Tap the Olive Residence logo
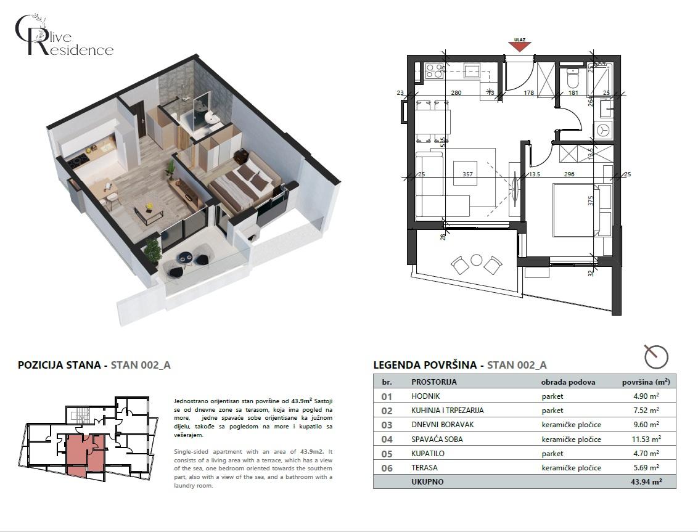pyautogui.click(x=64, y=37)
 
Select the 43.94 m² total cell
pyautogui.click(x=646, y=482)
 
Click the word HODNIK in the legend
pyautogui.click(x=426, y=396)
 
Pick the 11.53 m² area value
pyautogui.click(x=646, y=439)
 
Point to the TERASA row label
pyautogui.click(x=424, y=468)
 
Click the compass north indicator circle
pyautogui.click(x=656, y=356)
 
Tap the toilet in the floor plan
pyautogui.click(x=572, y=78)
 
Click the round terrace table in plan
pyautogui.click(x=476, y=260)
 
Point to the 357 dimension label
pyautogui.click(x=467, y=174)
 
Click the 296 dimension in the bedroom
pyautogui.click(x=569, y=174)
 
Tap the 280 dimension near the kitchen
pyautogui.click(x=456, y=93)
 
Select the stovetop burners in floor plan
pyautogui.click(x=434, y=71)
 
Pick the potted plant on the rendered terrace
pyautogui.click(x=152, y=250)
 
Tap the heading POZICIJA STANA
pyautogui.click(x=59, y=365)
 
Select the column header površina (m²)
pyautogui.click(x=646, y=382)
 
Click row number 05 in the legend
pyautogui.click(x=387, y=454)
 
